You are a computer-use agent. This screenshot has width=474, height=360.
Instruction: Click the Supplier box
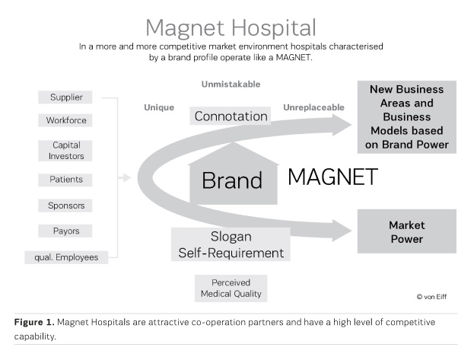66,97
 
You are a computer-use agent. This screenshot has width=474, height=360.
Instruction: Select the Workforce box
66,120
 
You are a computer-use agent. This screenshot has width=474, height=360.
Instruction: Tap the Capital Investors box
66,150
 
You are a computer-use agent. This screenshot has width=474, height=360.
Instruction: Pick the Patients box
66,180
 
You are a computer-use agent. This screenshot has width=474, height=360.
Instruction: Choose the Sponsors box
66,205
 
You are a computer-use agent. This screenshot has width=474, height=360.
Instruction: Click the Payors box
66,231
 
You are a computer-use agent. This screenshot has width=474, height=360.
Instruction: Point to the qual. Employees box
66,257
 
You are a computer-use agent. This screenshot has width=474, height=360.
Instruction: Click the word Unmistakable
231,83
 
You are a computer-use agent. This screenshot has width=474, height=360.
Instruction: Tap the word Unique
159,107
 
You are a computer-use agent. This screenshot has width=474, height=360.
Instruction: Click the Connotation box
231,116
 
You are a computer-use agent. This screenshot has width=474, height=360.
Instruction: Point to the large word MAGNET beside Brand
332,177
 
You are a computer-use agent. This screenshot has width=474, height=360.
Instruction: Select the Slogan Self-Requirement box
231,244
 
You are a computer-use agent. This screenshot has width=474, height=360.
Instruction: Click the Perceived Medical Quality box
231,288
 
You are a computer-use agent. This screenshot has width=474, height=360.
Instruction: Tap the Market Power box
406,232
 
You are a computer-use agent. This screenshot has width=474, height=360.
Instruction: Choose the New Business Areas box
408,117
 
